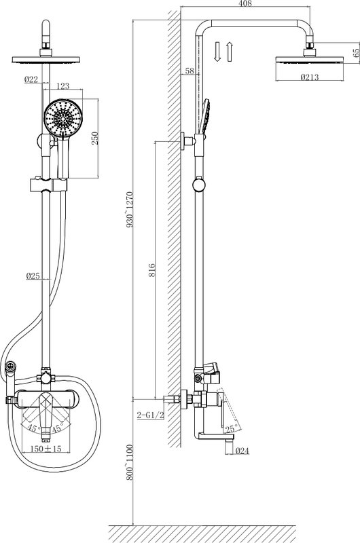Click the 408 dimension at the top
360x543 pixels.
tap(245, 3)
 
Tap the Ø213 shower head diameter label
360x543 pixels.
tap(310, 77)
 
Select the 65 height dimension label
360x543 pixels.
tap(356, 53)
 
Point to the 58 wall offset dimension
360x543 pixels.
tap(190, 71)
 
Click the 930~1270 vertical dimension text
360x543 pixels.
tap(130, 209)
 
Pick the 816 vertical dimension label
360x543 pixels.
tap(151, 270)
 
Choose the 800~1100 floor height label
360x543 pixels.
tap(130, 462)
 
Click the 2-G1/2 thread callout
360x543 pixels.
tap(150, 415)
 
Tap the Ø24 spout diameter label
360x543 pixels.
tap(242, 451)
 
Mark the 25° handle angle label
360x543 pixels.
tap(232, 429)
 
